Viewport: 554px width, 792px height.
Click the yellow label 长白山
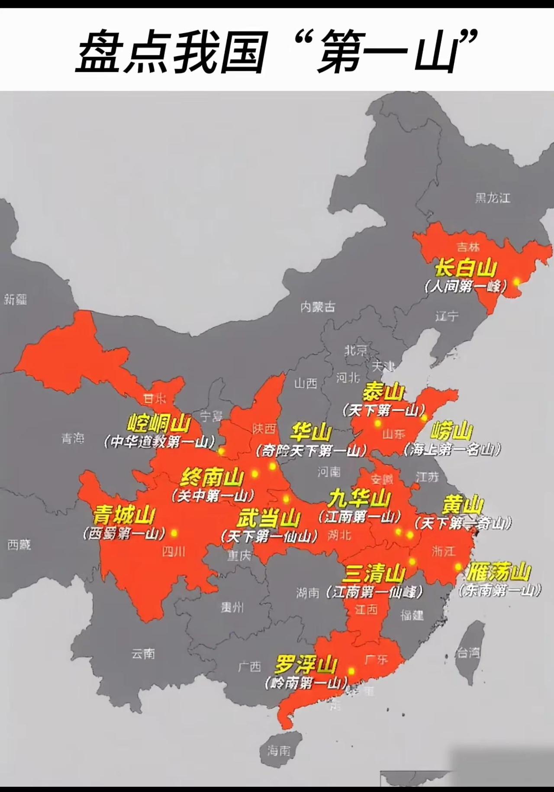click(x=465, y=268)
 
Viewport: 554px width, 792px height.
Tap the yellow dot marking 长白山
click(x=516, y=281)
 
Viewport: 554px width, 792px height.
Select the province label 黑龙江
click(x=493, y=198)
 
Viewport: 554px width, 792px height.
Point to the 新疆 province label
click(x=15, y=299)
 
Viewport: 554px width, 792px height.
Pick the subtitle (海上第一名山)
click(x=452, y=450)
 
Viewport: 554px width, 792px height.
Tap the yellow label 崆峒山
click(x=159, y=424)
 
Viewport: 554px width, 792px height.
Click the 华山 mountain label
click(x=311, y=432)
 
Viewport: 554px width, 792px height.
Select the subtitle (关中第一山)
click(x=213, y=495)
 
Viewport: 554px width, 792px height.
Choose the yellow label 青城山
click(x=124, y=515)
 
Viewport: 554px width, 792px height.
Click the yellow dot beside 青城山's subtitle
click(x=174, y=533)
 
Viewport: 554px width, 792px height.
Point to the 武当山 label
click(x=268, y=518)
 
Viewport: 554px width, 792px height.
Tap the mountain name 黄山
click(x=463, y=504)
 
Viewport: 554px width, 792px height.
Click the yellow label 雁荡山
click(x=499, y=572)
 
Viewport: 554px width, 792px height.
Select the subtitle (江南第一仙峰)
click(x=375, y=591)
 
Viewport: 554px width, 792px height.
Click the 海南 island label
click(x=279, y=750)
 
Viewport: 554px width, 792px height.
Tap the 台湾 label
click(x=468, y=653)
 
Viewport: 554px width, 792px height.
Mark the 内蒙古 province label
click(x=318, y=307)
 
